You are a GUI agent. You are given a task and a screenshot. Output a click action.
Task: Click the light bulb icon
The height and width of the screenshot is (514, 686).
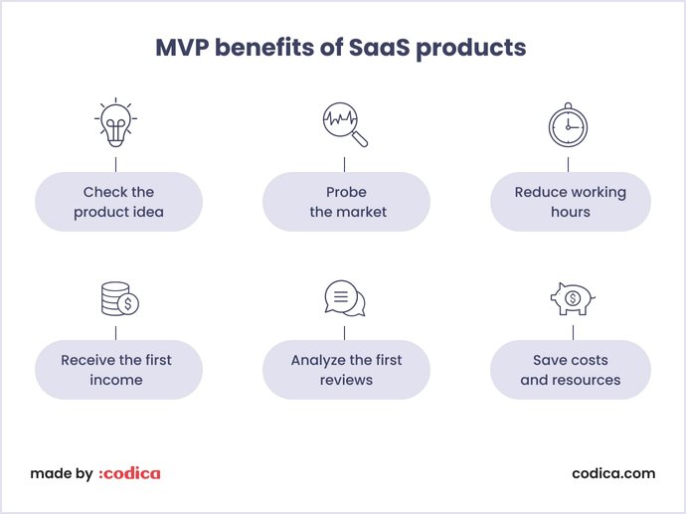click(117, 123)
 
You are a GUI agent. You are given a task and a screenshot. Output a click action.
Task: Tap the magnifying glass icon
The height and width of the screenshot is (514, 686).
click(344, 125)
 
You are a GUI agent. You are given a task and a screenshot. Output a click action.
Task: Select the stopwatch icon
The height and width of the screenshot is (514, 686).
click(569, 125)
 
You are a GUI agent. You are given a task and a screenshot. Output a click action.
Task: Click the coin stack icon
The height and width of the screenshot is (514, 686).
click(118, 299)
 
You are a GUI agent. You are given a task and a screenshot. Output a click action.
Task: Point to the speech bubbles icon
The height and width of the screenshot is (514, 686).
click(345, 298)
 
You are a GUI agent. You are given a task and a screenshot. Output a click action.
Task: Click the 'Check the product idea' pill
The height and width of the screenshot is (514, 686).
click(118, 202)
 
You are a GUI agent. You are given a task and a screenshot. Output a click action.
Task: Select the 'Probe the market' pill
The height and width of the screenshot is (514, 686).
click(346, 202)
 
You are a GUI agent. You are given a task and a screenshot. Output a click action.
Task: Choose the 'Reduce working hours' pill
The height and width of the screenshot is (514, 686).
click(571, 202)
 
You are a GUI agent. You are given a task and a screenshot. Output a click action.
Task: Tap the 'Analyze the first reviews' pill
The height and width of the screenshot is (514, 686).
click(346, 370)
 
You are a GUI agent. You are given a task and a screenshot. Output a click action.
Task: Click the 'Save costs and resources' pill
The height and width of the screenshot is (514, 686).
click(571, 370)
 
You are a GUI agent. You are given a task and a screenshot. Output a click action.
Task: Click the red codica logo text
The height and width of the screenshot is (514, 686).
click(129, 473)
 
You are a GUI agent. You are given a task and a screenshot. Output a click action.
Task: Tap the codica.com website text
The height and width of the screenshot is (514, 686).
click(613, 473)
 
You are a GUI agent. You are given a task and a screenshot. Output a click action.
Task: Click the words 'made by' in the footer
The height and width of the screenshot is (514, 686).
click(61, 473)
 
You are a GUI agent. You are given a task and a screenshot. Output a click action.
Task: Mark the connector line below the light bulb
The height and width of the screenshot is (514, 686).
click(117, 162)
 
